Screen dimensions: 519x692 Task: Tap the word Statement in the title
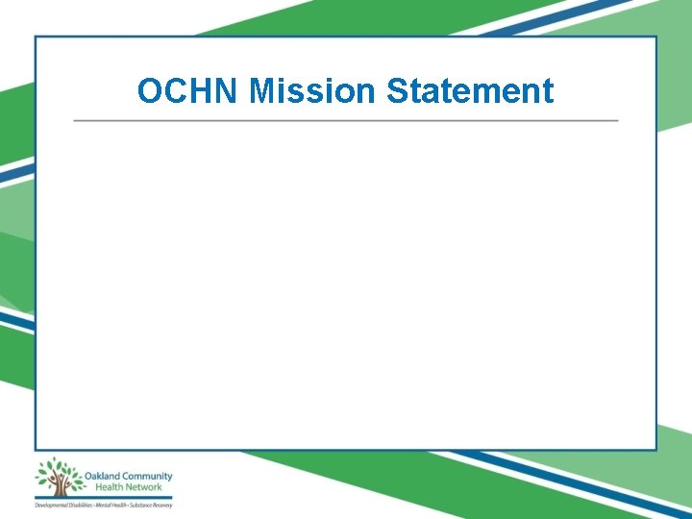pos(470,91)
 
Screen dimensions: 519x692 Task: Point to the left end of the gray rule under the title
pos(75,121)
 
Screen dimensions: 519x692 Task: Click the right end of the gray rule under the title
pos(617,121)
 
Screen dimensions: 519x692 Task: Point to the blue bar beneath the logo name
pos(104,497)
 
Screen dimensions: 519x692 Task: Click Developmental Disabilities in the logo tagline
pos(62,505)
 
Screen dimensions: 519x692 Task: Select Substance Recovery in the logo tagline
pos(152,505)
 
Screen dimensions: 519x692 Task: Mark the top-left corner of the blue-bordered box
pos(37,37)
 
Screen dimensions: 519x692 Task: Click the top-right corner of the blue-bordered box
pos(656,37)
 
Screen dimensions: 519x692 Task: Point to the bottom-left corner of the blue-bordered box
pos(37,449)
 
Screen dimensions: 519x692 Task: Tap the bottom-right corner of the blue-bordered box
pos(656,449)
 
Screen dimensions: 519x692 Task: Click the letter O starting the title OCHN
pos(149,91)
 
